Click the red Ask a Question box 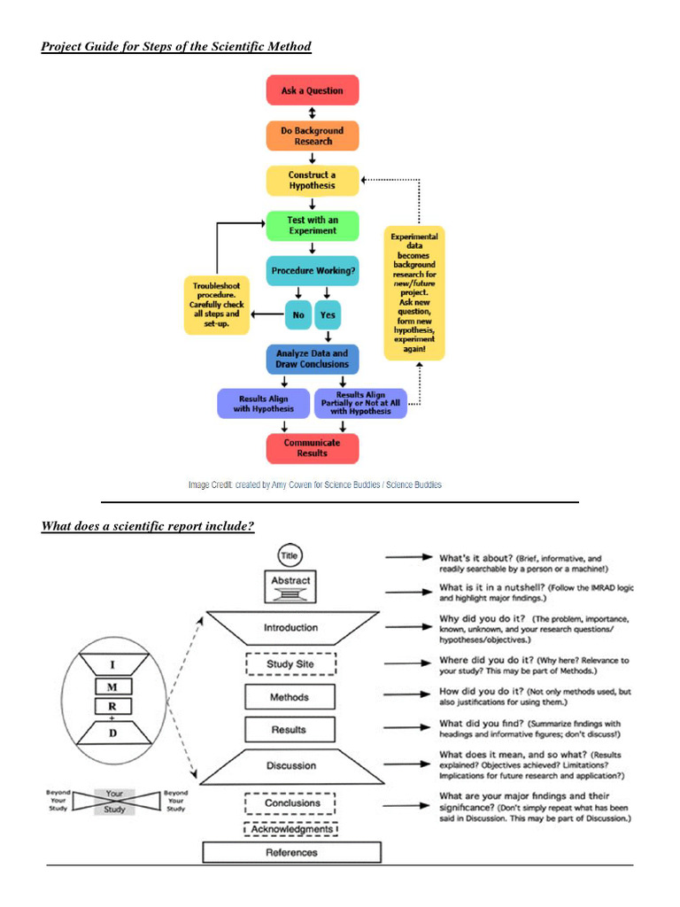[312, 90]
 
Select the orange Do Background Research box [312, 136]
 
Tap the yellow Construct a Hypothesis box [312, 181]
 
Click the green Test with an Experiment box [312, 225]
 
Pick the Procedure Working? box [312, 271]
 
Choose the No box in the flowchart [297, 314]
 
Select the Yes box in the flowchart [328, 314]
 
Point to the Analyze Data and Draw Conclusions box [312, 359]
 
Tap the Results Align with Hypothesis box [263, 404]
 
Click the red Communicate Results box [312, 447]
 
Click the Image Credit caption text [314, 485]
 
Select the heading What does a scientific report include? [148, 527]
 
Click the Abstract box [290, 584]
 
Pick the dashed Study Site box [290, 664]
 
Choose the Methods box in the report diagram [290, 697]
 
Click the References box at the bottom [291, 852]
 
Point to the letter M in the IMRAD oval [112, 687]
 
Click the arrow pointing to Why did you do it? [408, 627]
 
